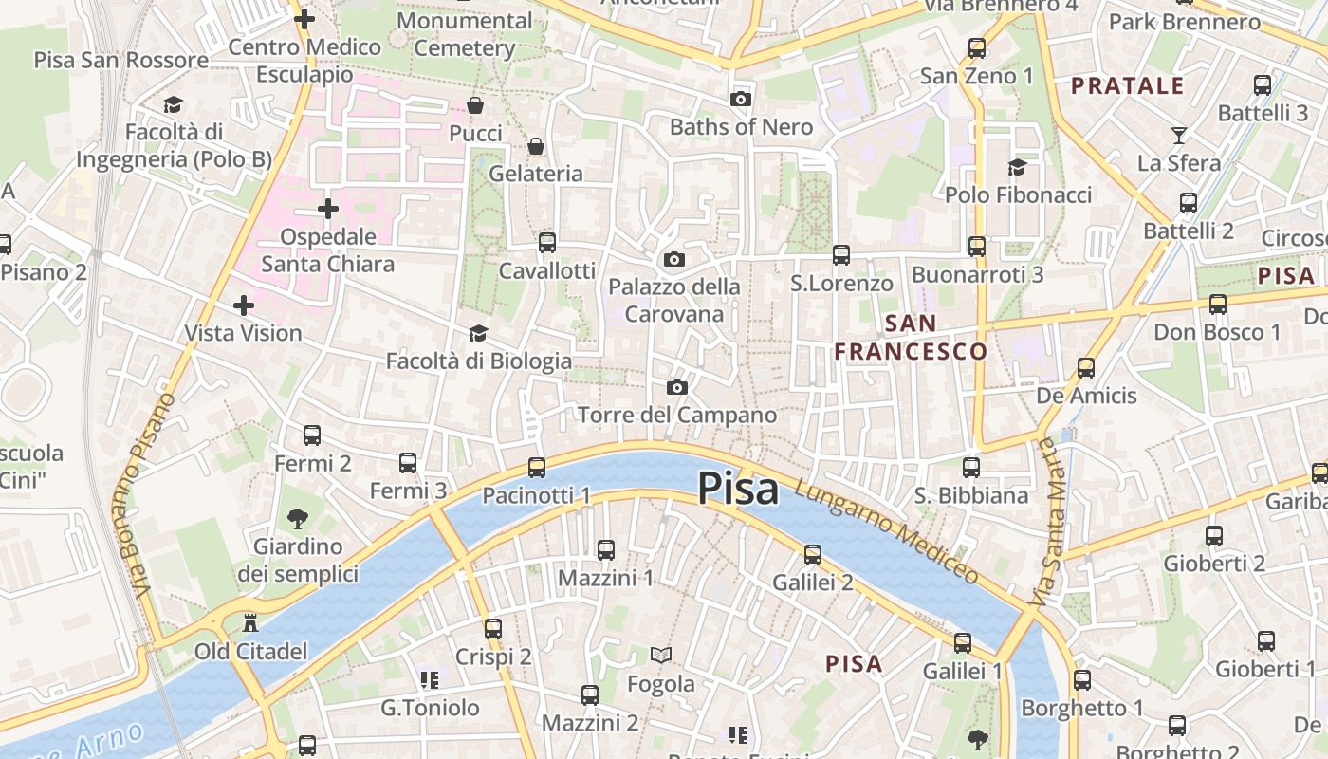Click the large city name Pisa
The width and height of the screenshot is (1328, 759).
click(738, 489)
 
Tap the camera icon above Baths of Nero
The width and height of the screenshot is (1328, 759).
click(741, 99)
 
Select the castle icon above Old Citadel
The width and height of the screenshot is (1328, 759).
click(250, 623)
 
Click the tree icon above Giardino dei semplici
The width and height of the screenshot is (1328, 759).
click(298, 518)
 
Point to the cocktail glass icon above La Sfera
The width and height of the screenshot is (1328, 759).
click(1179, 135)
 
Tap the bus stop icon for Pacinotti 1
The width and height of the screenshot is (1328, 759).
click(537, 467)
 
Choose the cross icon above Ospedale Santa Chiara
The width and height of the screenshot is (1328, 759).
click(328, 208)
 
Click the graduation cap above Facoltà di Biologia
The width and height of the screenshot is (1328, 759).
click(478, 333)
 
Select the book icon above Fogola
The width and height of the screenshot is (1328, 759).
click(661, 655)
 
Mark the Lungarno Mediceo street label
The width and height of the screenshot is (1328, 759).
click(887, 530)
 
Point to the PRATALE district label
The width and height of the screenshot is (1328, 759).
click(1128, 86)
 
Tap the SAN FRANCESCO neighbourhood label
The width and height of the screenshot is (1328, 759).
click(911, 338)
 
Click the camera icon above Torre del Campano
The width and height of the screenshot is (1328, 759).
click(676, 387)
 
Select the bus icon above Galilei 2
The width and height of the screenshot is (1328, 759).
click(813, 555)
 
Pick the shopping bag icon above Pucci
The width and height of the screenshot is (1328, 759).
click(475, 104)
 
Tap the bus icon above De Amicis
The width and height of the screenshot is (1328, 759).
click(1086, 367)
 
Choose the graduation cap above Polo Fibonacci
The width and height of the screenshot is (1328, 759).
click(1018, 167)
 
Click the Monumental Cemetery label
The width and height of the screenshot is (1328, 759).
click(465, 34)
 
